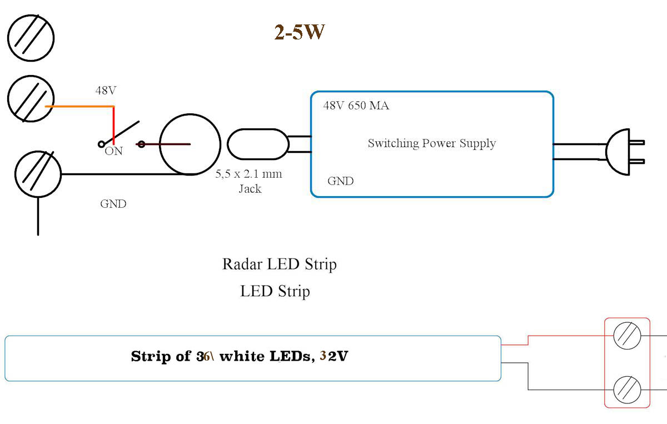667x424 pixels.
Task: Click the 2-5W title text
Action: pos(300,33)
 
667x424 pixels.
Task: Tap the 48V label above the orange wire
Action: pos(105,91)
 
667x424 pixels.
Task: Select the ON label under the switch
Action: pos(113,151)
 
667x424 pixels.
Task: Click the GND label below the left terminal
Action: pos(113,204)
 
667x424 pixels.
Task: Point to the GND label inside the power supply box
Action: pos(340,181)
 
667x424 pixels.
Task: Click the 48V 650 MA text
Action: pos(356,106)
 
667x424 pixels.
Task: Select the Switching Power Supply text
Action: pos(431,143)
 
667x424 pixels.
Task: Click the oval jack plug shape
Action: pos(258,144)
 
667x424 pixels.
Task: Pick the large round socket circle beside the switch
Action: pos(190,144)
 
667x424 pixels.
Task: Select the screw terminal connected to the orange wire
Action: pos(31,98)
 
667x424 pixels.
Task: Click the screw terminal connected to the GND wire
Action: pos(38,174)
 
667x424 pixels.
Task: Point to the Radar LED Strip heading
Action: pos(279,263)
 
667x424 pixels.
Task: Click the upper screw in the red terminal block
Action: pos(626,336)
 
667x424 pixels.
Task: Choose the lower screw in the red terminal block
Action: pos(626,390)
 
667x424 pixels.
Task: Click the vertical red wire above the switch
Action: pos(113,122)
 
